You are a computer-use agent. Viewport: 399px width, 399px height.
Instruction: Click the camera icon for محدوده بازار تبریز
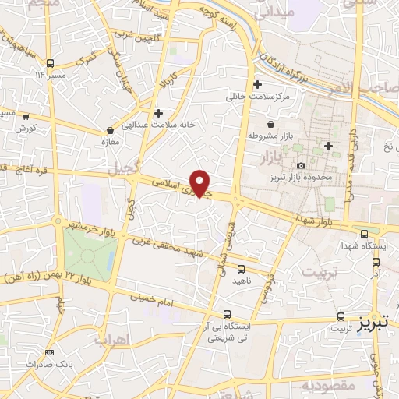301,165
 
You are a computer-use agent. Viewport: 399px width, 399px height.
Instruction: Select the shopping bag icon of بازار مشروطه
270,124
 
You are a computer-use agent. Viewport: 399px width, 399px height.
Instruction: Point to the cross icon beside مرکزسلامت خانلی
257,84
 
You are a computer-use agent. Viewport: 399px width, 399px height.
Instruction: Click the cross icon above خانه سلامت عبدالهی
158,113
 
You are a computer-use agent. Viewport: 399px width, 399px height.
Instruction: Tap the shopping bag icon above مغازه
110,129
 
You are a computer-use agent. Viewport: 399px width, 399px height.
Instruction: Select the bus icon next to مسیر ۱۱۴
50,64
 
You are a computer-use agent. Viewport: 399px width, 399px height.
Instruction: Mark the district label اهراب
111,340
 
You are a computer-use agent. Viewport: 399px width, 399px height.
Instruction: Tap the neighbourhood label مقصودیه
328,386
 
